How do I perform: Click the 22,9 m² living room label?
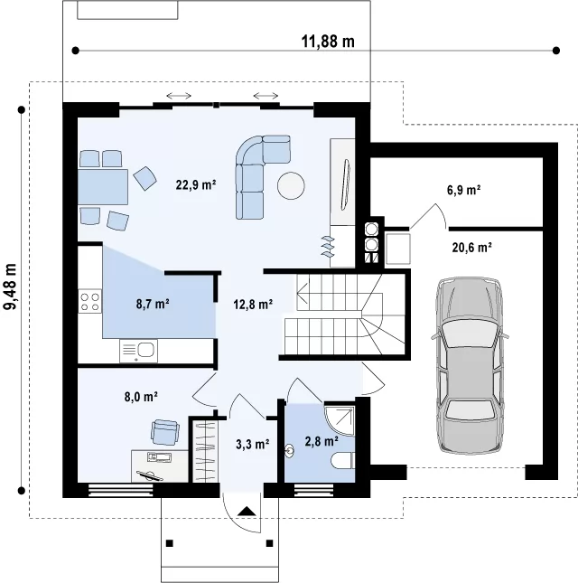196,184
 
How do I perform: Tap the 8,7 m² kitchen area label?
153,304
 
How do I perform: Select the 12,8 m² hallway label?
253,304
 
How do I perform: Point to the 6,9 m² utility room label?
464,190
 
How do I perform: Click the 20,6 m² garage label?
472,247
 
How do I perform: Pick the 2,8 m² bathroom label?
322,441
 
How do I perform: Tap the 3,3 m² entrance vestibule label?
253,444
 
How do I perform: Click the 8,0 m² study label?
141,397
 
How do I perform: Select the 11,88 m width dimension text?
328,41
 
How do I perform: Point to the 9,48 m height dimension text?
10,287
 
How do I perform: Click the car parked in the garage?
470,365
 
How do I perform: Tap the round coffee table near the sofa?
291,185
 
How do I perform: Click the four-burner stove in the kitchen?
90,302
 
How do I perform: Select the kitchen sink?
138,351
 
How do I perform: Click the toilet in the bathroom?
342,461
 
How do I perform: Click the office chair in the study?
165,432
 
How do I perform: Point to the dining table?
103,186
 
